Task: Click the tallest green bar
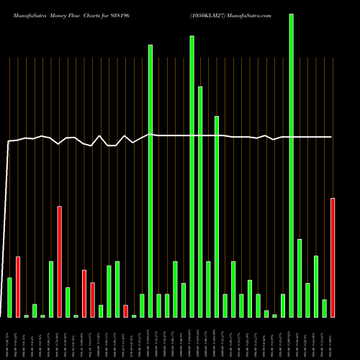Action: click(x=292, y=165)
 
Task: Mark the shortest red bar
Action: click(x=125, y=311)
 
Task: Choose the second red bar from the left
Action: click(x=60, y=262)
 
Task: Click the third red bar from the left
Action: click(x=84, y=294)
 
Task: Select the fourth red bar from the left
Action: click(x=93, y=300)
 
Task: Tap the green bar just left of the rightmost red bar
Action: click(x=325, y=308)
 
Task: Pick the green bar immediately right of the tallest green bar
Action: click(x=300, y=278)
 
